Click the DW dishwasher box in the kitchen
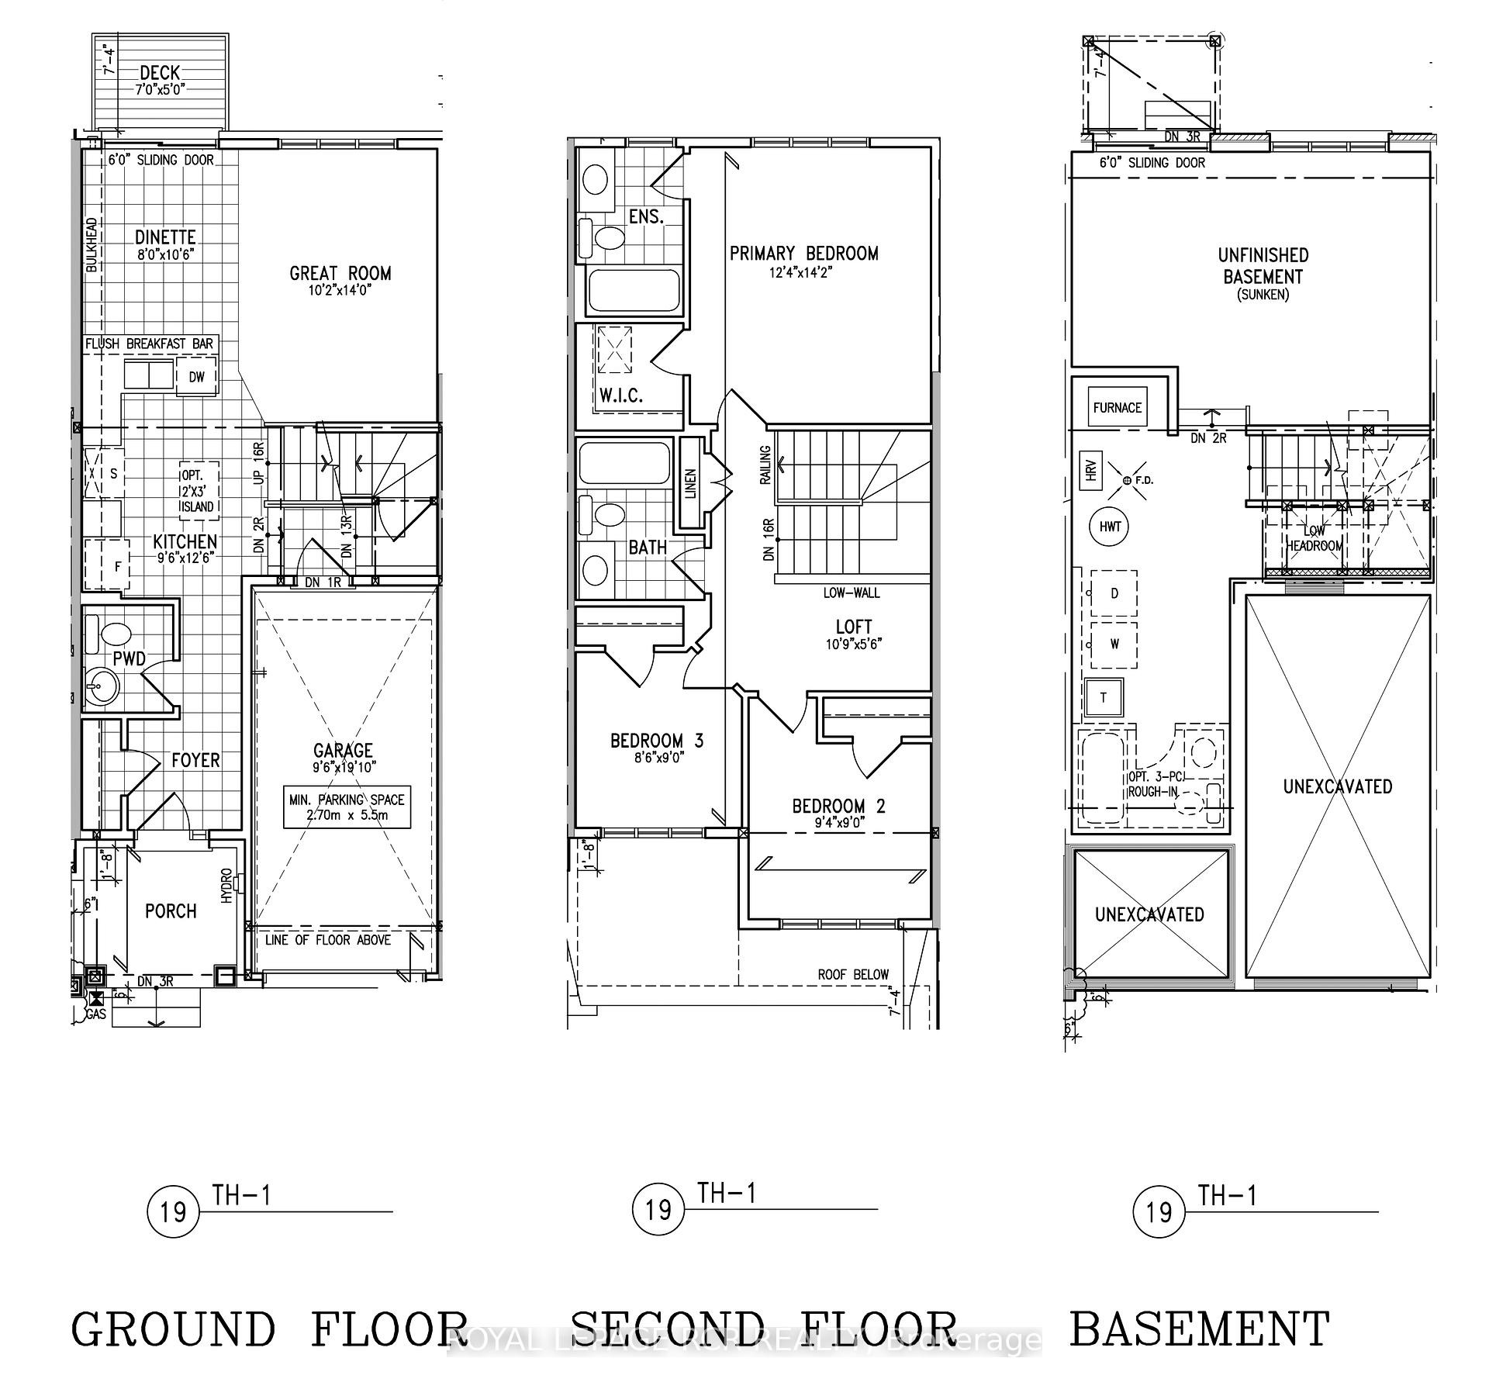[197, 377]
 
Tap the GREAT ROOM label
[340, 273]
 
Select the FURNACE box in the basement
[1117, 407]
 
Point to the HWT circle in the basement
[1111, 527]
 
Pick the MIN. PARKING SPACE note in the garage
[347, 807]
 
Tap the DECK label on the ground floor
[161, 73]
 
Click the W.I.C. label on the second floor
[620, 396]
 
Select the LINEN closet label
[690, 483]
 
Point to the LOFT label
[853, 627]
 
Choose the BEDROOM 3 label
[656, 741]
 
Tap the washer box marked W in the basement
[1114, 644]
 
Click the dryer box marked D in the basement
[1114, 594]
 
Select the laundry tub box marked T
[1104, 697]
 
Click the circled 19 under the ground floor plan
[173, 1210]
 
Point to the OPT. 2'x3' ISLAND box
[199, 491]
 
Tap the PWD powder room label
[129, 659]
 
